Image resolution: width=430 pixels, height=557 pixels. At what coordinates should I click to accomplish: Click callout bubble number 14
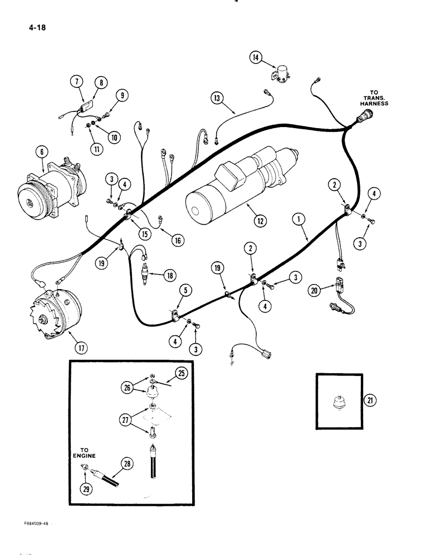click(255, 57)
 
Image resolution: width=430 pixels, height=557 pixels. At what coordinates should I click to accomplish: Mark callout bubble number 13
click(218, 98)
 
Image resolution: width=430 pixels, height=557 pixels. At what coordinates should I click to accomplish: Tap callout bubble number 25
click(181, 373)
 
